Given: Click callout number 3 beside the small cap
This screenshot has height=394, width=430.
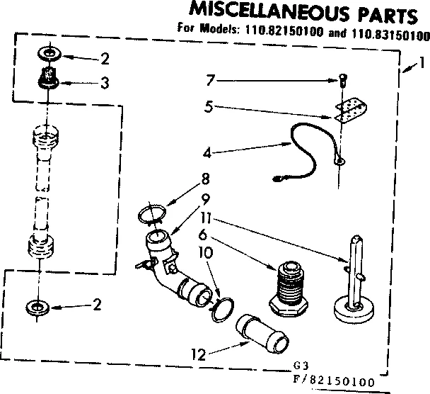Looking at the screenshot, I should (104, 83).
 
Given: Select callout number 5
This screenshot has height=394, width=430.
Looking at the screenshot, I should (208, 108).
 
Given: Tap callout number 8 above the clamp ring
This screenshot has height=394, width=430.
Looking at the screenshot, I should (205, 179).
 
